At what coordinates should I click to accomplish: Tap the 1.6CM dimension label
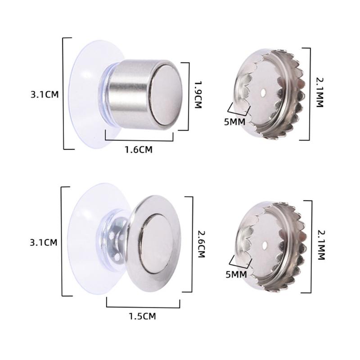pos(139,150)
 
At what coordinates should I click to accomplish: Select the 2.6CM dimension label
pos(201,246)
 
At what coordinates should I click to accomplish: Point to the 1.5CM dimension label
pos(142,316)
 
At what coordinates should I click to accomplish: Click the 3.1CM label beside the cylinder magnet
pos(44,94)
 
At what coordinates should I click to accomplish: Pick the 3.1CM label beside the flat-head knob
pos(44,243)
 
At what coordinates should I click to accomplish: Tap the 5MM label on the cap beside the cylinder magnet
pos(234,121)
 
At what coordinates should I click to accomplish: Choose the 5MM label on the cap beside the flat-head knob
pos(236,274)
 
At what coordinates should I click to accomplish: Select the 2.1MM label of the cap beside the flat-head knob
pos(321,246)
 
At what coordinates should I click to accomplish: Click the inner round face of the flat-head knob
pos(157,243)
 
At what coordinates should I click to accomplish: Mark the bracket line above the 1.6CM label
pos(139,140)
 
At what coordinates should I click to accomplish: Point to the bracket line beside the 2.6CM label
pos(192,245)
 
